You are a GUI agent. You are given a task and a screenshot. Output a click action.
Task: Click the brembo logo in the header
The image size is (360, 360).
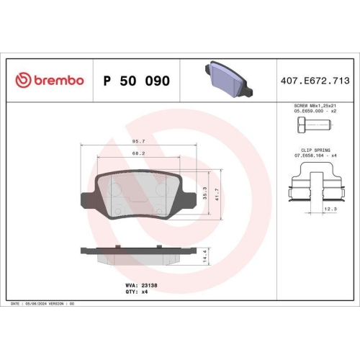(x=49, y=81)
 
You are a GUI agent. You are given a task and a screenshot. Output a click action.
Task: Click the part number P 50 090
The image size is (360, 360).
(x=136, y=81)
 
